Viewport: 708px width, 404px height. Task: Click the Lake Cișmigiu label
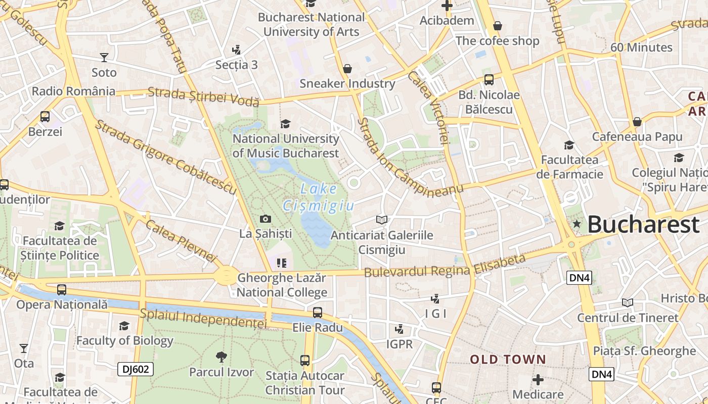point(319,197)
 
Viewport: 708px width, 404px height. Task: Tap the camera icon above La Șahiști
point(265,219)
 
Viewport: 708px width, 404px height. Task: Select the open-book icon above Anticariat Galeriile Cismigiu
point(382,220)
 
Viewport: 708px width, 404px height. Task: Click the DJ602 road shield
point(136,369)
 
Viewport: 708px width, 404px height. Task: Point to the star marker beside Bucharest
point(576,223)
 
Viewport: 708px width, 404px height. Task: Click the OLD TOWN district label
point(508,360)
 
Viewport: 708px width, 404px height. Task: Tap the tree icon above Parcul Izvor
point(221,357)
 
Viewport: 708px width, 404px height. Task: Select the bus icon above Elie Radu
point(317,313)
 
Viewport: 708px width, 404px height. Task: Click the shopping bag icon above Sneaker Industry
point(347,68)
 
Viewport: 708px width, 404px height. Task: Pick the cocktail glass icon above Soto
point(104,57)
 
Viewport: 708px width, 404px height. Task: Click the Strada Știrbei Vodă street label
point(203,97)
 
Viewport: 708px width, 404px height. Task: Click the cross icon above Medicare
point(538,379)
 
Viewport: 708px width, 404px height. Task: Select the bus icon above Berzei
point(45,117)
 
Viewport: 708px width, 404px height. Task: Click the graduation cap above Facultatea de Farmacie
point(569,145)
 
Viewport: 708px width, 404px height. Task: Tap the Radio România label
point(73,91)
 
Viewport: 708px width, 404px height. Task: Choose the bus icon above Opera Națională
point(62,290)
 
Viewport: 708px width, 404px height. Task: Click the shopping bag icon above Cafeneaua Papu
point(637,122)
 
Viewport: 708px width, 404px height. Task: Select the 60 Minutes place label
point(641,47)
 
